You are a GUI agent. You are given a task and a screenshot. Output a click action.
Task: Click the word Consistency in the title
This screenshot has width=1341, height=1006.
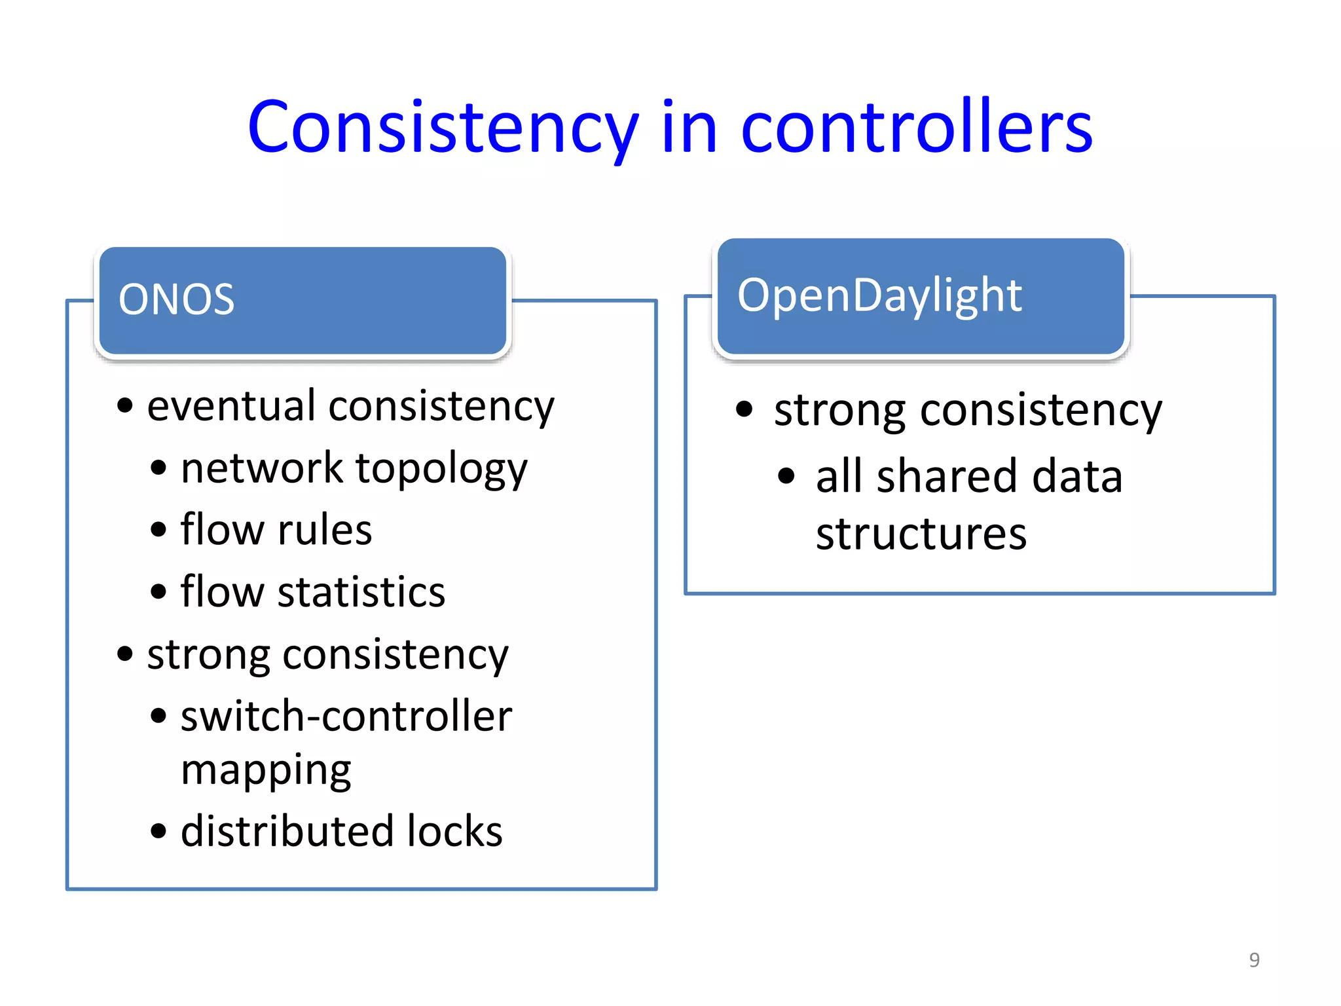tap(443, 128)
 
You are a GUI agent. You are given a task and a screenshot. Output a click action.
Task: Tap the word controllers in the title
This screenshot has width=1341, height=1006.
tap(916, 128)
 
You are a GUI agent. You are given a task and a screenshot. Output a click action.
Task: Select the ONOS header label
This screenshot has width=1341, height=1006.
tap(176, 300)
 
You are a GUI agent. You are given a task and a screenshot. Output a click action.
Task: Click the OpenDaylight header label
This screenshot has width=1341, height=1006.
tap(879, 295)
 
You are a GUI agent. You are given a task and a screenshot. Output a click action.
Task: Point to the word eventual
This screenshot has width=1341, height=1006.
tap(232, 406)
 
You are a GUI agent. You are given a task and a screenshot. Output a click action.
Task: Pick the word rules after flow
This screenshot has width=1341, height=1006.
tap(325, 530)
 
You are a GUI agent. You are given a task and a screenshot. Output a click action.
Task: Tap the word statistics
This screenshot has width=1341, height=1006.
tap(361, 592)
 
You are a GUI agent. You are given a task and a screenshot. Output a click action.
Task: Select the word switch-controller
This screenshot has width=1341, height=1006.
tap(346, 716)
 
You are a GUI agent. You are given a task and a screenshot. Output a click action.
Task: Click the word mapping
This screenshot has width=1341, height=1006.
tap(266, 771)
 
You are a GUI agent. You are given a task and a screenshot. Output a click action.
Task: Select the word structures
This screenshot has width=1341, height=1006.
tap(921, 534)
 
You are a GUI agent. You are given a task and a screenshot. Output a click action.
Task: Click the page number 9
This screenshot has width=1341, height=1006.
tap(1254, 959)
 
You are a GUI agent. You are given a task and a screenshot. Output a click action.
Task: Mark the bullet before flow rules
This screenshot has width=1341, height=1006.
tap(158, 529)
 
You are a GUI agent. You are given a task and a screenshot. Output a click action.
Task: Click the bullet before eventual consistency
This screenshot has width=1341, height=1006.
tap(124, 406)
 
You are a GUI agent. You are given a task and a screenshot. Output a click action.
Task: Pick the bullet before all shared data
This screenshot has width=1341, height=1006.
tap(786, 476)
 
